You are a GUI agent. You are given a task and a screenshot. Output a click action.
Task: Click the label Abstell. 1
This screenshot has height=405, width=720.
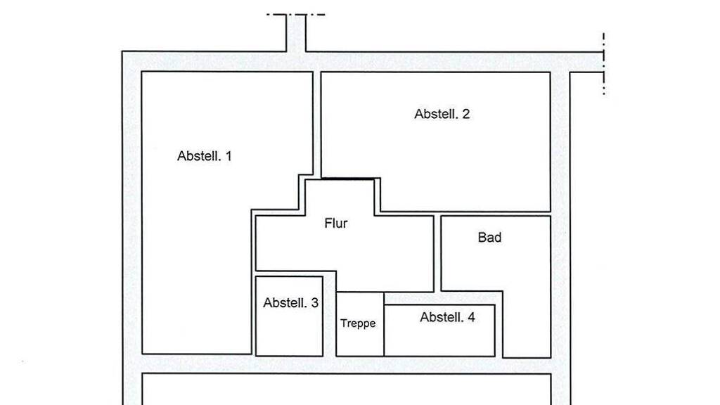[205, 156]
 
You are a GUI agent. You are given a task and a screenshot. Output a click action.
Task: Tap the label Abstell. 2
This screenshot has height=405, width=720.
[442, 114]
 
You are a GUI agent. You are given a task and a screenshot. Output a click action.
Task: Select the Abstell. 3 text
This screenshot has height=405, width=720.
[290, 302]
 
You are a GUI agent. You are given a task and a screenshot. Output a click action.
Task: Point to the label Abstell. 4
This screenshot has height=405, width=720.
[447, 317]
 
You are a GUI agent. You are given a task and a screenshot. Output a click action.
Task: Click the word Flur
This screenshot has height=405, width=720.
[335, 223]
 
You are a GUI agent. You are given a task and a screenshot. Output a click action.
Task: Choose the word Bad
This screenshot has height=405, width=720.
[489, 238]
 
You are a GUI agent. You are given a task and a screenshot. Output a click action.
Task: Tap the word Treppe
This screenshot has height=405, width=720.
[358, 323]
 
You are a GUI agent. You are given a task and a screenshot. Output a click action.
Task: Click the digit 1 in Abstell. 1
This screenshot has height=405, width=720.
[229, 156]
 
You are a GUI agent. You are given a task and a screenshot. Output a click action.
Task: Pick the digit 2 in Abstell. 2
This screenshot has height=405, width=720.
[466, 114]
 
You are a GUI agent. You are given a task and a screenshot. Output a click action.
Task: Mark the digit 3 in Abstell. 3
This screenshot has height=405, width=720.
[314, 302]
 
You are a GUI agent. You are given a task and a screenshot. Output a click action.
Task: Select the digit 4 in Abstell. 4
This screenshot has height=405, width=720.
[471, 317]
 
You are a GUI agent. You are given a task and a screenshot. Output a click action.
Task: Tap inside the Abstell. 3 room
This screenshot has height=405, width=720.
[289, 330]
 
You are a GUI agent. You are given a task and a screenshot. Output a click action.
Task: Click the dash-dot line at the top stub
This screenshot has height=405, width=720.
[296, 15]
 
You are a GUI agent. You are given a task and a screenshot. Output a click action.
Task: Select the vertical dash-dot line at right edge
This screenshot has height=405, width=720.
[603, 64]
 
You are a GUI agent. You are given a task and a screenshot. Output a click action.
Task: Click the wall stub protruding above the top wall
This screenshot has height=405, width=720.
[296, 33]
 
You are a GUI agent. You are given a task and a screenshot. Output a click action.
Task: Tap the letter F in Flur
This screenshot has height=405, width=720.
[328, 223]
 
